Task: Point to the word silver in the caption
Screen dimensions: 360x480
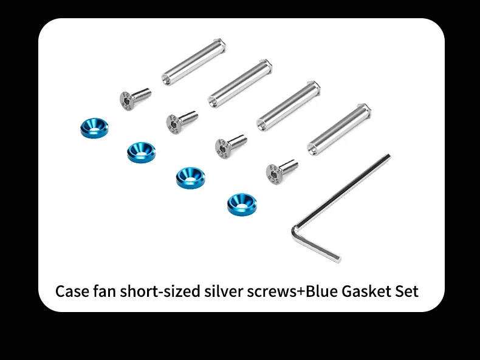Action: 221,291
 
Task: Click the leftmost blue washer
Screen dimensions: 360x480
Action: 94,127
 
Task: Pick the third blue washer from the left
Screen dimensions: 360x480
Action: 190,177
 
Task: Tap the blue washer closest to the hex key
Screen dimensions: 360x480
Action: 241,203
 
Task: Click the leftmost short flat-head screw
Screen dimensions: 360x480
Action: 132,96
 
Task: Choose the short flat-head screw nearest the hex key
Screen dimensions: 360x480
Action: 280,170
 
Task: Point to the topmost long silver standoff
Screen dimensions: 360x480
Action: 194,60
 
